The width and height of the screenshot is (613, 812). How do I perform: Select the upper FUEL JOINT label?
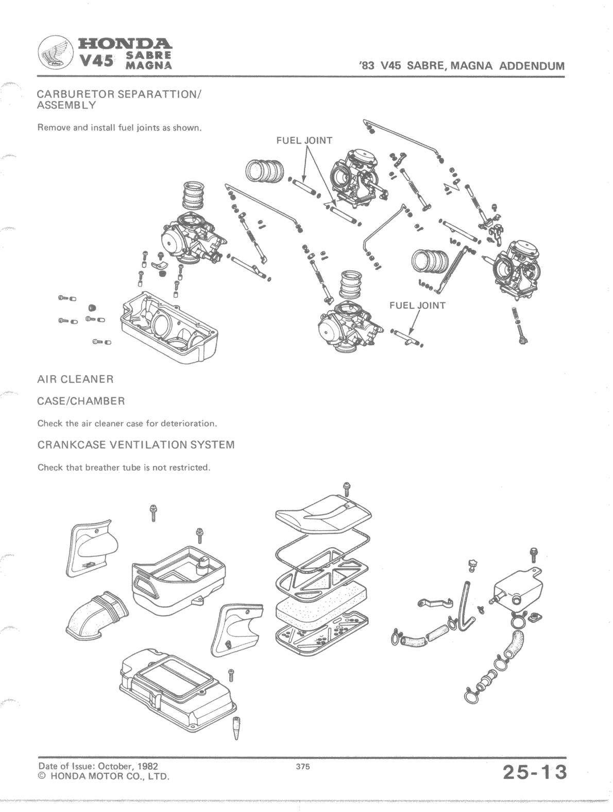[x=304, y=140]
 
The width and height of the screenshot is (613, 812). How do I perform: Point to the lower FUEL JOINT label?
[x=417, y=306]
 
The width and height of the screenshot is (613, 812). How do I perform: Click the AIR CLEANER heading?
[x=75, y=379]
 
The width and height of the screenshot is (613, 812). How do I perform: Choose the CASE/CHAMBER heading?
[x=81, y=401]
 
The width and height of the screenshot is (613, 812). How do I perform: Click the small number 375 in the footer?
[x=303, y=767]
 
